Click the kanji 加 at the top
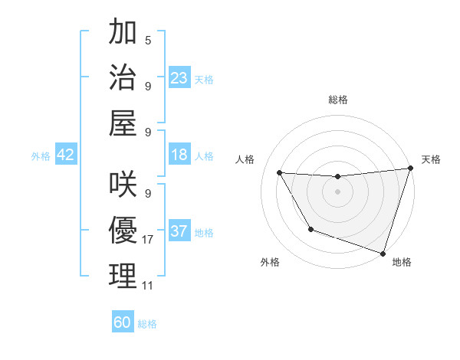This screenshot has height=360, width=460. pos(123,34)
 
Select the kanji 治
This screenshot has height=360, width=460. pos(123,77)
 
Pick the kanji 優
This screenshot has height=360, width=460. pos(123,231)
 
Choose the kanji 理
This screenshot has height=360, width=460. pos(123,275)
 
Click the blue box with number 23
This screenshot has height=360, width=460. pos(179,78)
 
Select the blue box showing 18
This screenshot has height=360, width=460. pos(179,155)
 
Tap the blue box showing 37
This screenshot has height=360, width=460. pos(179,232)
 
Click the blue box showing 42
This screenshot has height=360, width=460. pos(66,155)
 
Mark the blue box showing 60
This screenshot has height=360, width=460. pos(123,322)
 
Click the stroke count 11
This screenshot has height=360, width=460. pos(147,285)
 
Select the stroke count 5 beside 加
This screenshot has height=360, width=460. pos(147,41)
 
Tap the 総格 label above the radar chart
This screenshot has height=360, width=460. pos(337,100)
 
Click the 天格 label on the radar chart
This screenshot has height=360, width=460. pos(431,159)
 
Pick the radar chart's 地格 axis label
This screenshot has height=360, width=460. pos(401,262)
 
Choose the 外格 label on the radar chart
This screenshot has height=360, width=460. pos(270,262)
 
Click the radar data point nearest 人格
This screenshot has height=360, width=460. pos(280,173)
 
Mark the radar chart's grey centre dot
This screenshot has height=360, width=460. pos(337,191)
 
